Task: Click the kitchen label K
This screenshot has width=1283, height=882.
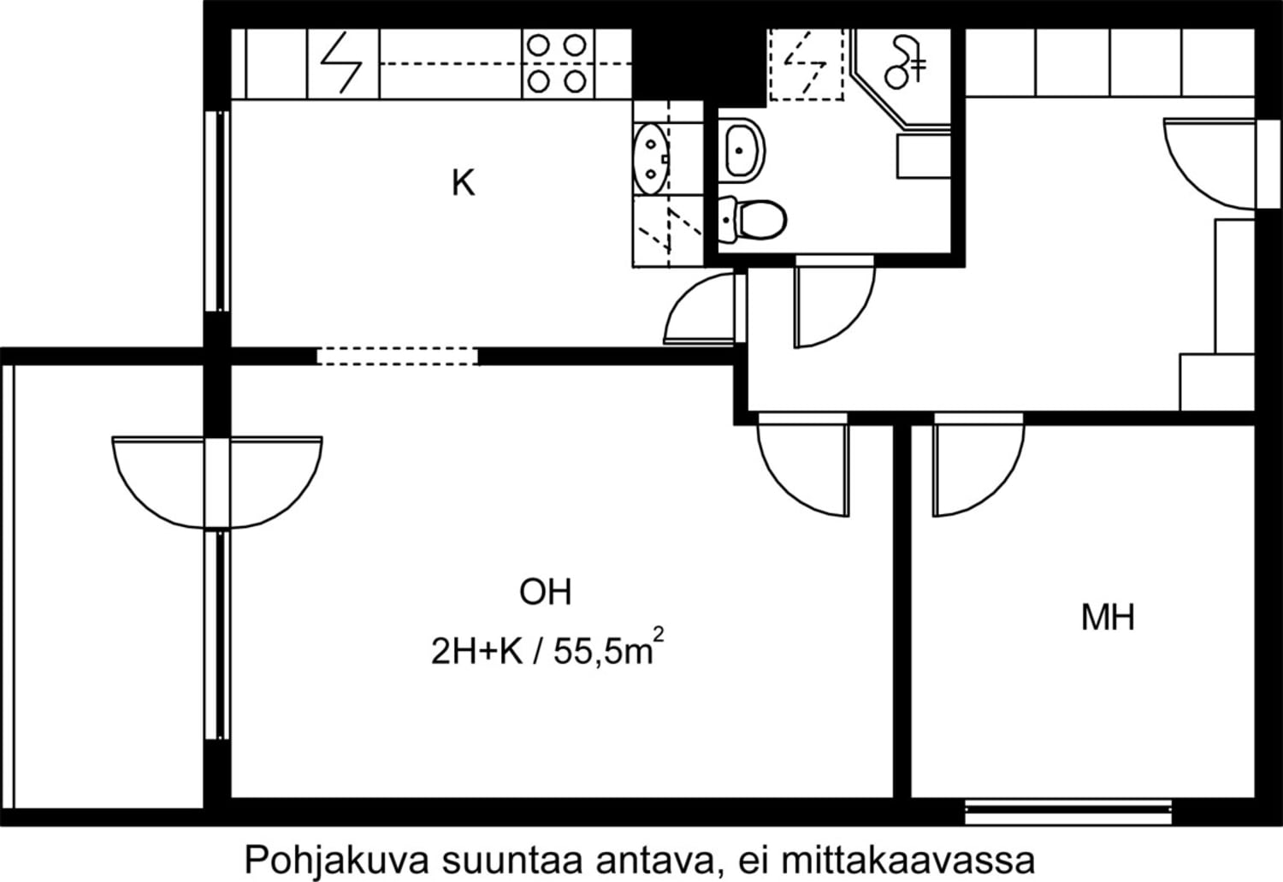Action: pos(464,183)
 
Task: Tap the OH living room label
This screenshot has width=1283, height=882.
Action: pos(546,592)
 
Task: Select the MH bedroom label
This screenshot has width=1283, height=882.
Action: pos(1108,618)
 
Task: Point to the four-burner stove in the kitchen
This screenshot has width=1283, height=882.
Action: pos(558,63)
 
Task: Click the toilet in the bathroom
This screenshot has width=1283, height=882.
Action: pos(752,218)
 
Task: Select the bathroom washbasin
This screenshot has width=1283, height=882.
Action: pos(742,151)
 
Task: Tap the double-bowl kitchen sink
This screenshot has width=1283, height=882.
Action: pos(652,158)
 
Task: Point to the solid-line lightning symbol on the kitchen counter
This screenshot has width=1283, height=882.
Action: pos(341,63)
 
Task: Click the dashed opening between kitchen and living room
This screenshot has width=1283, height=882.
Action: pos(398,356)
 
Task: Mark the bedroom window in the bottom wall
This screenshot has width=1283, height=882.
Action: pos(1068,812)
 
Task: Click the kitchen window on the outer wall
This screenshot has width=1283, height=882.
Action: pos(217,211)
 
